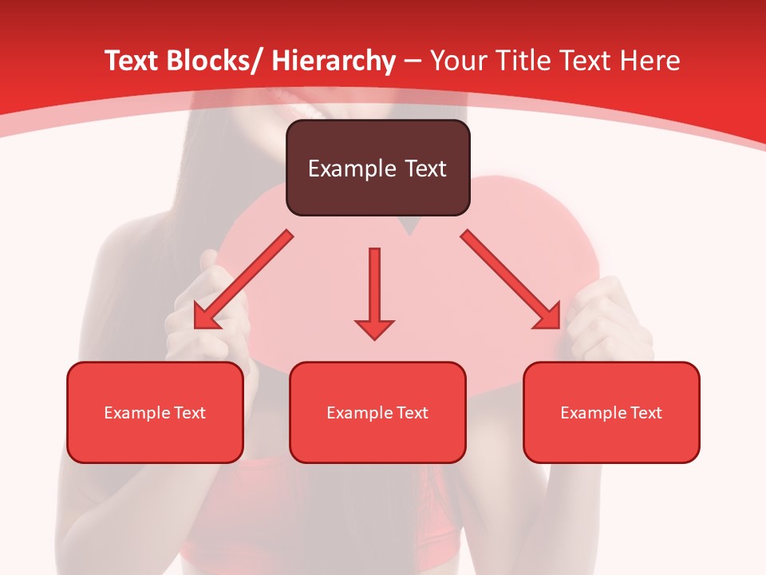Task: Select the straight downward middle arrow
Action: click(374, 291)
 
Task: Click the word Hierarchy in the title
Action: click(334, 61)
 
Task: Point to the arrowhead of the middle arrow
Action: click(374, 328)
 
